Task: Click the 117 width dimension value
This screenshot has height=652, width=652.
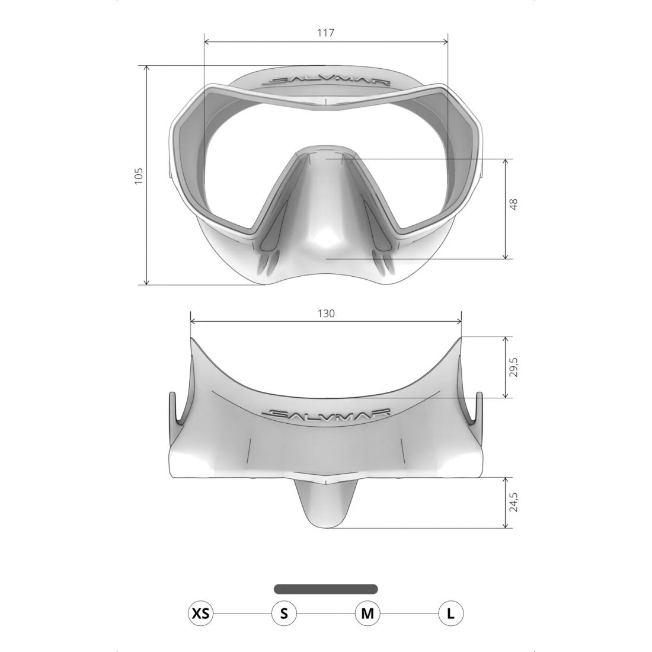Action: coord(325,33)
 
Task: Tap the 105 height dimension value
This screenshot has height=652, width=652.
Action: coord(139,175)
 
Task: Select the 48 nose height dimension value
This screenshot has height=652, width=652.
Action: coord(513,204)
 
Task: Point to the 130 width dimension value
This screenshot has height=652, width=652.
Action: coord(326,313)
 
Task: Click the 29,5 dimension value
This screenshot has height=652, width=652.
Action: coord(513,367)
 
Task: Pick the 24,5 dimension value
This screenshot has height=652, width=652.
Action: coord(513,502)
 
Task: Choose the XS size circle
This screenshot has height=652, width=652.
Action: coord(200,613)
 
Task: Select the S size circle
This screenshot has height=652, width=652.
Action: coord(284,613)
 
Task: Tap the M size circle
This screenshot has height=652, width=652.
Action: coord(367,613)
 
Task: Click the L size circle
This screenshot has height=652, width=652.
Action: coord(450,613)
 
